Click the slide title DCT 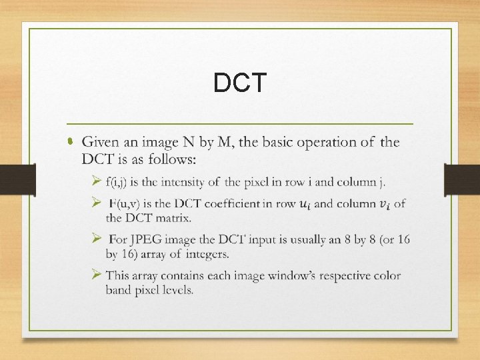pyautogui.click(x=240, y=83)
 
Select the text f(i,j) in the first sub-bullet pyautogui.click(x=120, y=181)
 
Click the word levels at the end pyautogui.click(x=175, y=289)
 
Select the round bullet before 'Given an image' pyautogui.click(x=71, y=143)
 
